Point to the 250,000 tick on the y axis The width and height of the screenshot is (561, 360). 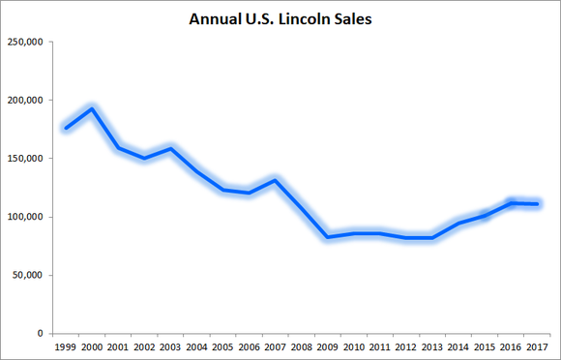[26, 43]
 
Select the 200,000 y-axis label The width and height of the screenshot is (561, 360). [26, 101]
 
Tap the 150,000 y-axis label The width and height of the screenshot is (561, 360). [26, 159]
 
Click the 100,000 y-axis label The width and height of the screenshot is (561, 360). [26, 217]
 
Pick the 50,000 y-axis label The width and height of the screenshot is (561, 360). [29, 275]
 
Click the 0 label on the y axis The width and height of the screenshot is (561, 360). [40, 333]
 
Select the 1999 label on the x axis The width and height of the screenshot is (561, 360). [66, 346]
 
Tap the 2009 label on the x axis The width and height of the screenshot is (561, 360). [328, 346]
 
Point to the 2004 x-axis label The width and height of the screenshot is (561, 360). [196, 346]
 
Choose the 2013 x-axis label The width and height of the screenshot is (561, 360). [432, 346]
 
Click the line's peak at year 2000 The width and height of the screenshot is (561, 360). [92, 108]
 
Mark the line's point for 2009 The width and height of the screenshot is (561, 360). [328, 237]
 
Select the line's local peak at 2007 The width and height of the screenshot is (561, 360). [276, 180]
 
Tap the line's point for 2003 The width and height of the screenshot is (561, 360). [170, 148]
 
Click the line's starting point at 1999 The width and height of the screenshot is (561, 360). [66, 128]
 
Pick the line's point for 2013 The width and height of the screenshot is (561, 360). [432, 238]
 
